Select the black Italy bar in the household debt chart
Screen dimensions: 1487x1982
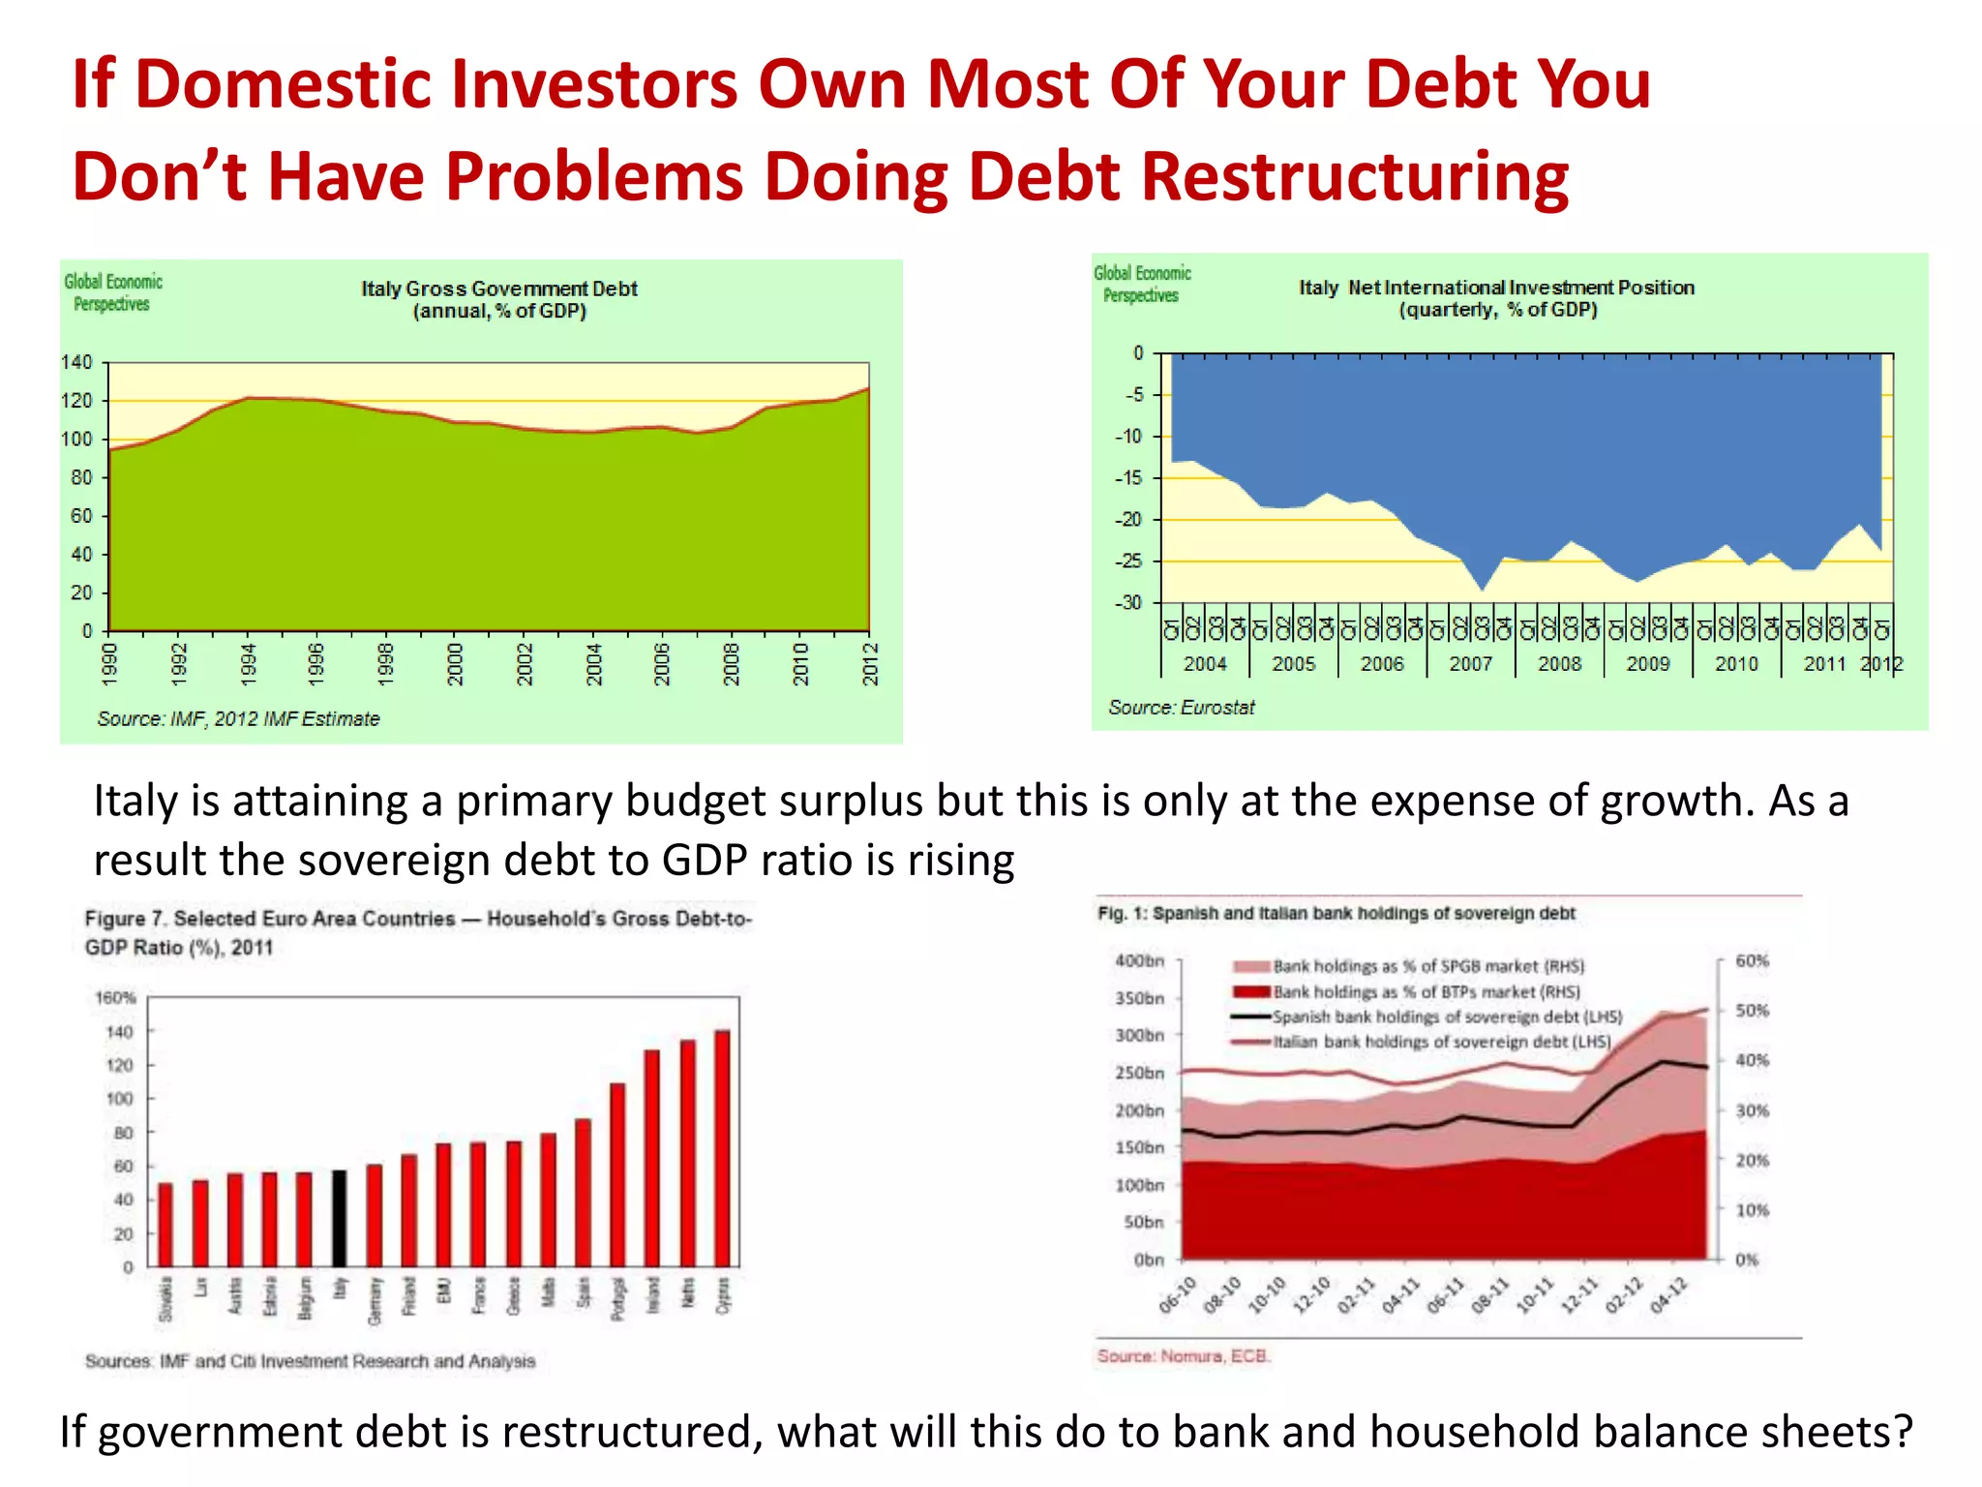tap(339, 1218)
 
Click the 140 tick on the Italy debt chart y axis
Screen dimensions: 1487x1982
tap(76, 363)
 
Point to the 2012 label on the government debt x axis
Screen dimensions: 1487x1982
tap(870, 664)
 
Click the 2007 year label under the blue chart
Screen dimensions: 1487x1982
tap(1470, 664)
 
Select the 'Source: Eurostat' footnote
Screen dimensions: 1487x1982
tap(1181, 708)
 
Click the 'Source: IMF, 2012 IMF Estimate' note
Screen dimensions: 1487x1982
tap(238, 719)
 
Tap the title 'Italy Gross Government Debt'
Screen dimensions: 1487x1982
tap(499, 288)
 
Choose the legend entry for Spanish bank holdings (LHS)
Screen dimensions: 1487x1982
tap(1446, 1017)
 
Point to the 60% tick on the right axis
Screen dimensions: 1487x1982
tap(1752, 960)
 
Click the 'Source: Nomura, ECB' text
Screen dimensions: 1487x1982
tap(1183, 1355)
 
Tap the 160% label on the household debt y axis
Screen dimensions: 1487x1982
tap(115, 997)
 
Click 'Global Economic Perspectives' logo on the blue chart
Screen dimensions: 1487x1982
tap(1142, 284)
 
